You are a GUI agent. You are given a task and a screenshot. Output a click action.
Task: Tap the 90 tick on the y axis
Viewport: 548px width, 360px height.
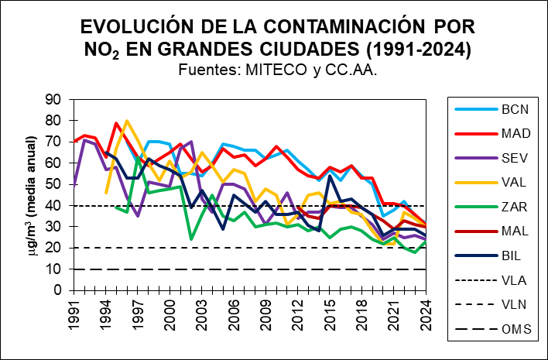pyautogui.click(x=53, y=99)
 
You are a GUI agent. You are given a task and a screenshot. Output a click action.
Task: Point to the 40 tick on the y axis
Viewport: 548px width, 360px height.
pyautogui.click(x=53, y=205)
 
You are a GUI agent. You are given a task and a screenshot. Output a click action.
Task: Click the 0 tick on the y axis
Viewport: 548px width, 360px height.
pyautogui.click(x=57, y=290)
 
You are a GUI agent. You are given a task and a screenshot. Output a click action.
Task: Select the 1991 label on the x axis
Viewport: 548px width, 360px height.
pyautogui.click(x=74, y=313)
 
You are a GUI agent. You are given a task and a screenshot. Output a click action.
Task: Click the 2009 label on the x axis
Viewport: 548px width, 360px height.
pyautogui.click(x=265, y=313)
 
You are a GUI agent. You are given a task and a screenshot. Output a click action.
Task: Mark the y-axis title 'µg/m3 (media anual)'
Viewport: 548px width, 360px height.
pyautogui.click(x=32, y=194)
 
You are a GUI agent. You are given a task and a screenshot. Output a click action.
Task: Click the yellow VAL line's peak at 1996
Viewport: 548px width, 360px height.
pyautogui.click(x=127, y=121)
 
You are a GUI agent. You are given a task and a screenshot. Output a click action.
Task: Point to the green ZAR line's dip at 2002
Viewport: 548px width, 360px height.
pyautogui.click(x=191, y=239)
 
